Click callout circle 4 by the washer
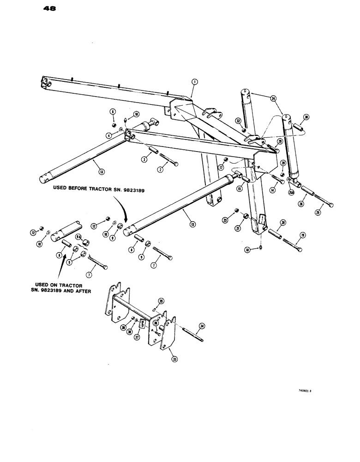(x=108, y=135)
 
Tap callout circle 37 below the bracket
(x=137, y=337)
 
